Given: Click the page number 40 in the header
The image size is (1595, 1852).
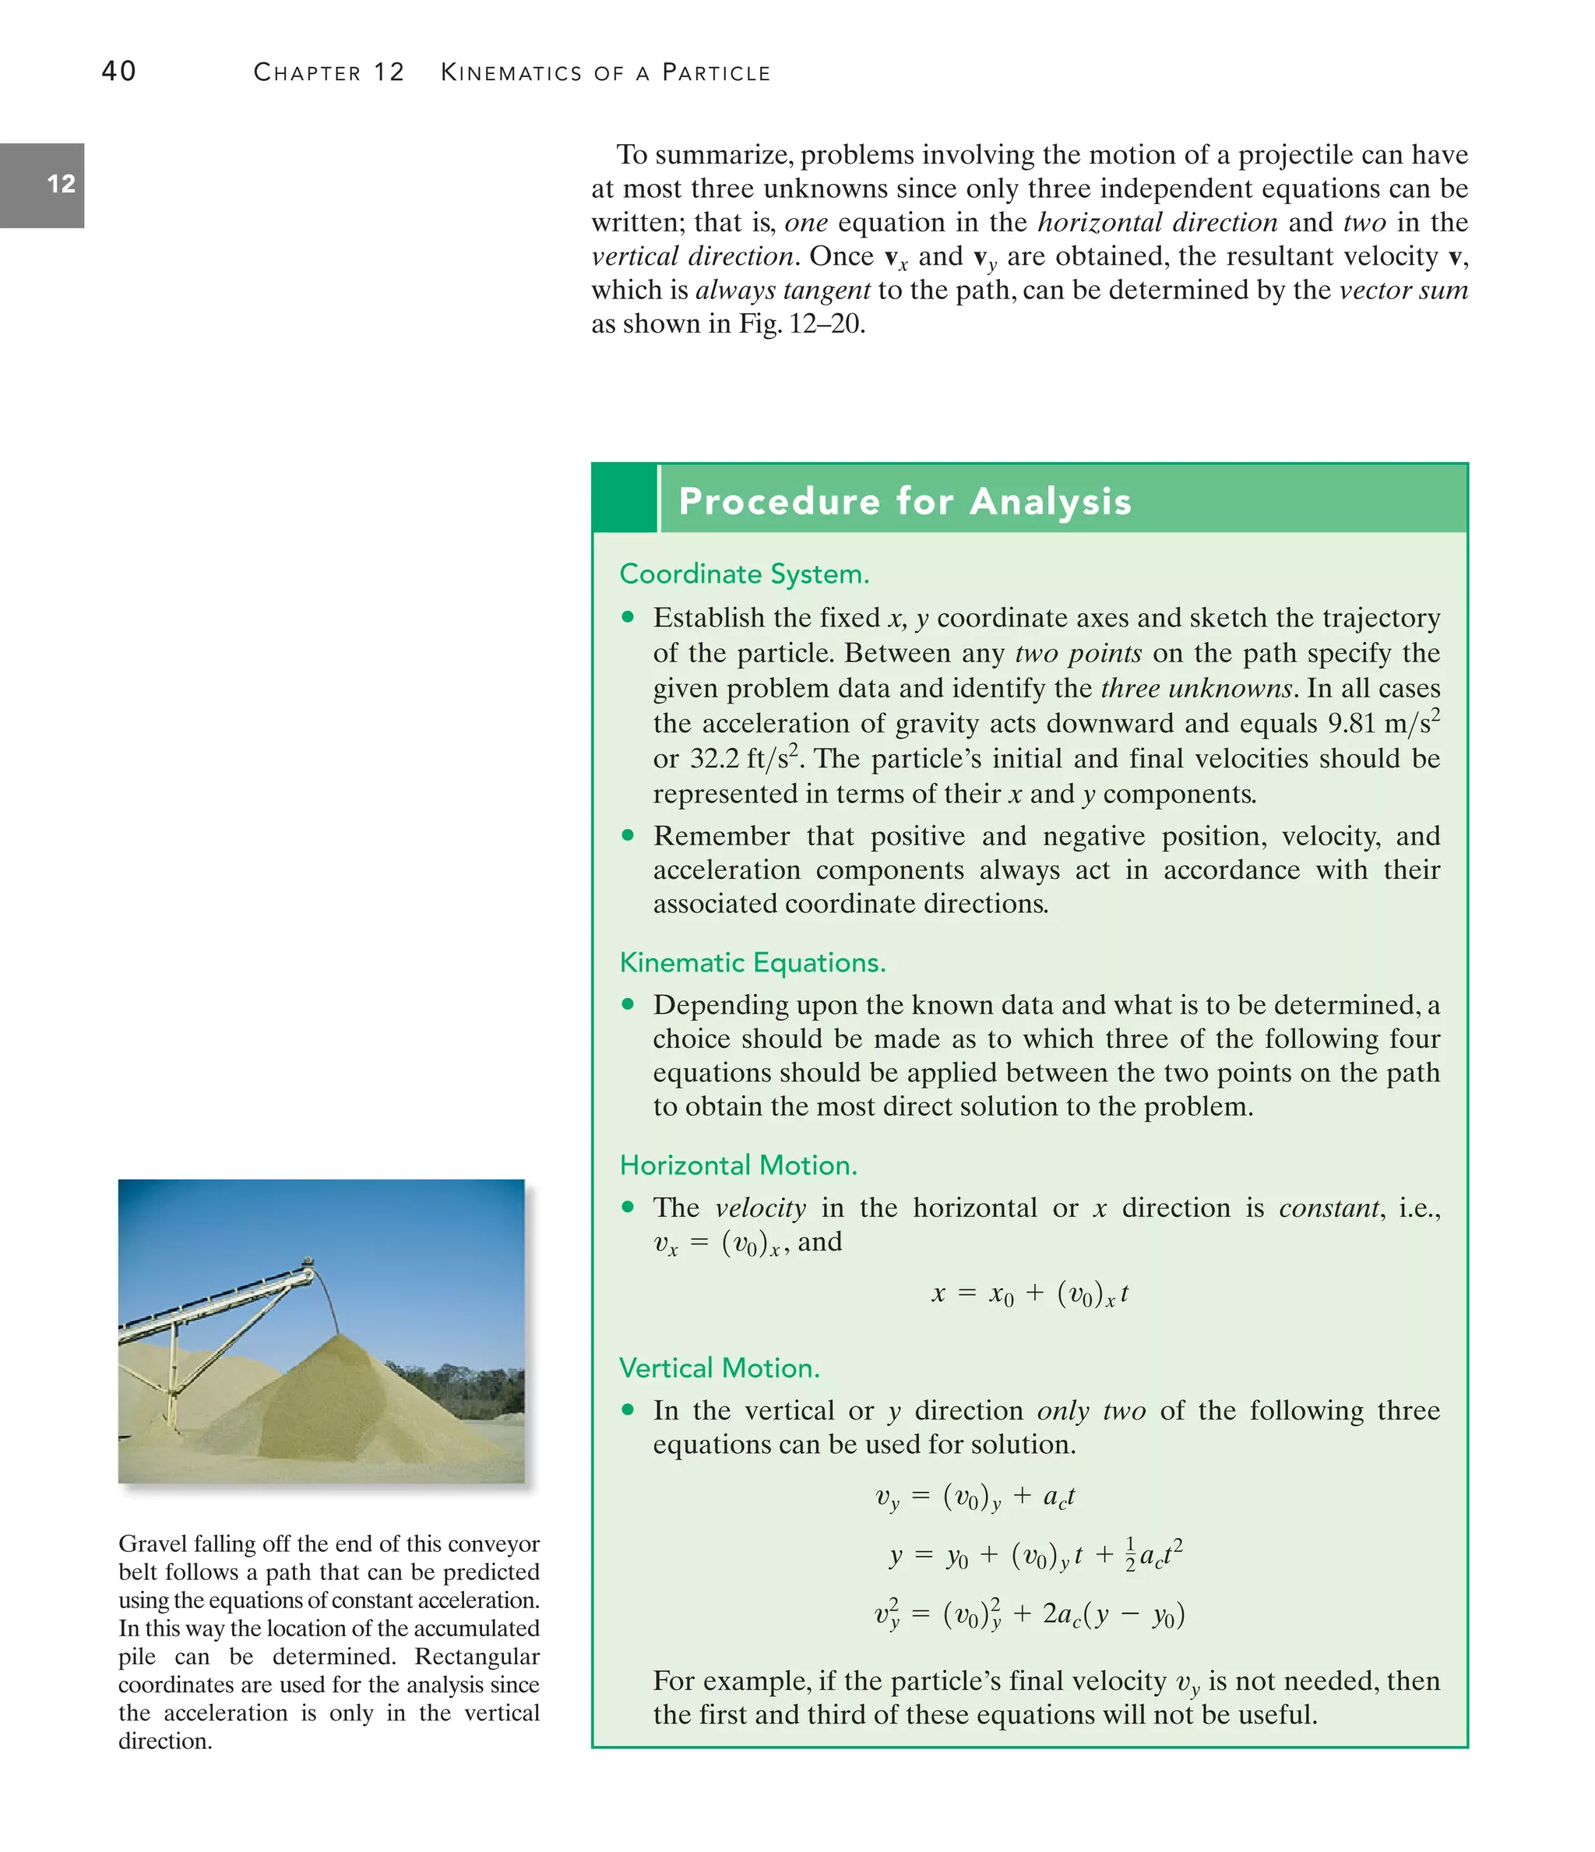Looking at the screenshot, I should click(119, 72).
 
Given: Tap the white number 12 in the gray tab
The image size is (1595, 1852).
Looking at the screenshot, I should click(61, 184).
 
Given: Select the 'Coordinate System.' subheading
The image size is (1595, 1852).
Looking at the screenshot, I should click(744, 574).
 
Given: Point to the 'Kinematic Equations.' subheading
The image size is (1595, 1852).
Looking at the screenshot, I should click(752, 963).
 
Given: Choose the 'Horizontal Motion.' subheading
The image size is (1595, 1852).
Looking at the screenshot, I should click(738, 1166).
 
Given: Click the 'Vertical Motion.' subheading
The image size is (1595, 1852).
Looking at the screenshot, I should click(720, 1368).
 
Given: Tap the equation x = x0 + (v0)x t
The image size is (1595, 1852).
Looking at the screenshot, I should click(1030, 1294).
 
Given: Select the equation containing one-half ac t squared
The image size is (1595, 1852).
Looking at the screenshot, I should click(1036, 1556).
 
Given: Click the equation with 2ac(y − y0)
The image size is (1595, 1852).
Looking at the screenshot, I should click(1030, 1614).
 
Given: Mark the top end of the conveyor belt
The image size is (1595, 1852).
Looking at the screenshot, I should click(308, 1262).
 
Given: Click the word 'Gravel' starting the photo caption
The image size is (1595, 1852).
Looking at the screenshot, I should click(150, 1544).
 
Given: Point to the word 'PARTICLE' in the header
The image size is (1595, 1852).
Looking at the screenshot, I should click(716, 72).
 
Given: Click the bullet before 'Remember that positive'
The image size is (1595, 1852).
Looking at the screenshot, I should click(628, 834).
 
